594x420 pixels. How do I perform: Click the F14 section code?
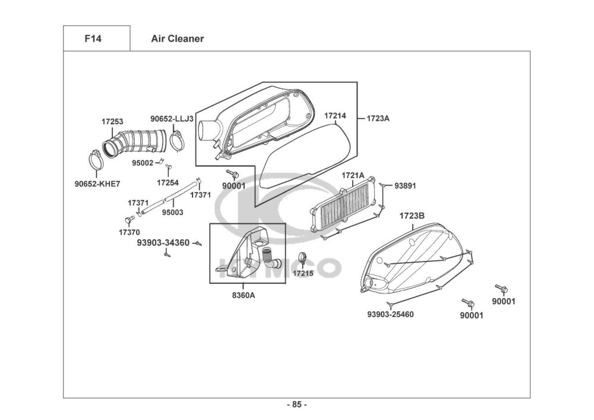[93, 39]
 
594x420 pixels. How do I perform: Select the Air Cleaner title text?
[177, 39]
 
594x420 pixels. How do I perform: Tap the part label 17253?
[112, 122]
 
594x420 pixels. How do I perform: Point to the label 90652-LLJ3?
[172, 119]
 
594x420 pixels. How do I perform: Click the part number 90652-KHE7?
[97, 184]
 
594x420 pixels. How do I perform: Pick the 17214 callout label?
[335, 116]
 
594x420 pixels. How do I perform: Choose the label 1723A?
[378, 118]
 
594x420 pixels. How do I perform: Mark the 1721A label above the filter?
[353, 175]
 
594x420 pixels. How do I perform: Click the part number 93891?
[405, 185]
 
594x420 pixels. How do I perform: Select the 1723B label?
[412, 216]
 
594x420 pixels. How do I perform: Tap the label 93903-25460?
[391, 314]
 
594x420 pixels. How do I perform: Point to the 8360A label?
[244, 295]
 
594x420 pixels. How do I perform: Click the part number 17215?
[303, 273]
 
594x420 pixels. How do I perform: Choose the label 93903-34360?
[163, 242]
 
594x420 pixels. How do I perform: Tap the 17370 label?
[129, 232]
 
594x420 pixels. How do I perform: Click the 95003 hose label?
[173, 213]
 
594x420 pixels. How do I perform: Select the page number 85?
[297, 405]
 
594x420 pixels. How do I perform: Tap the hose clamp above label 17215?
[303, 258]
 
